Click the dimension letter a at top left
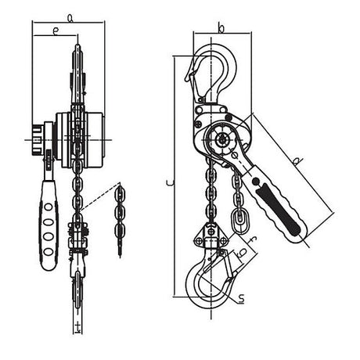click(x=70, y=16)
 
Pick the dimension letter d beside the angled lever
click(x=297, y=163)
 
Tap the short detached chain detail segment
click(x=119, y=219)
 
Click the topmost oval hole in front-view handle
click(x=49, y=208)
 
